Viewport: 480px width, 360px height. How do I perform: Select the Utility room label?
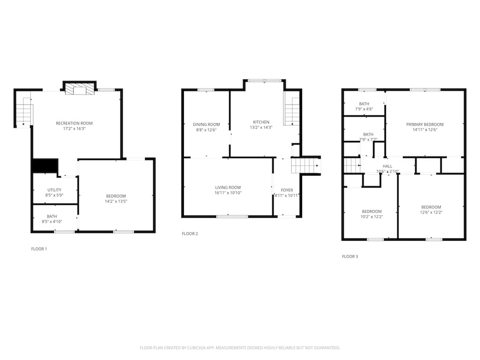(54, 190)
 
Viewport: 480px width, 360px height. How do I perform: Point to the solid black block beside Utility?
(45, 166)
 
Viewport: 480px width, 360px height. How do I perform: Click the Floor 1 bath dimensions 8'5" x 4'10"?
(52, 222)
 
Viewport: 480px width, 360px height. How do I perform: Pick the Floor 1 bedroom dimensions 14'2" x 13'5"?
(115, 202)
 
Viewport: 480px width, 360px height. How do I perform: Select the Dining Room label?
(206, 124)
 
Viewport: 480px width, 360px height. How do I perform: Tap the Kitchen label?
(261, 121)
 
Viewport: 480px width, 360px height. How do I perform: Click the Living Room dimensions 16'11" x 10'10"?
(228, 193)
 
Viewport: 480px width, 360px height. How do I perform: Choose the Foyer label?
(287, 190)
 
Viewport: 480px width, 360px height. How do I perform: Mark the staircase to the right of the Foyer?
(305, 165)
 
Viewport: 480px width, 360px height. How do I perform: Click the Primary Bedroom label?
(425, 124)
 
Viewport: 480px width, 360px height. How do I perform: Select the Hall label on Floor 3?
(388, 166)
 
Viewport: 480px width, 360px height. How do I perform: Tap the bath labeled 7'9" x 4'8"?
(364, 107)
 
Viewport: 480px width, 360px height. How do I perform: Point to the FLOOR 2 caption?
(190, 234)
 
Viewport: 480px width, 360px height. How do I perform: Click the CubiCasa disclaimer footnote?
(240, 347)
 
